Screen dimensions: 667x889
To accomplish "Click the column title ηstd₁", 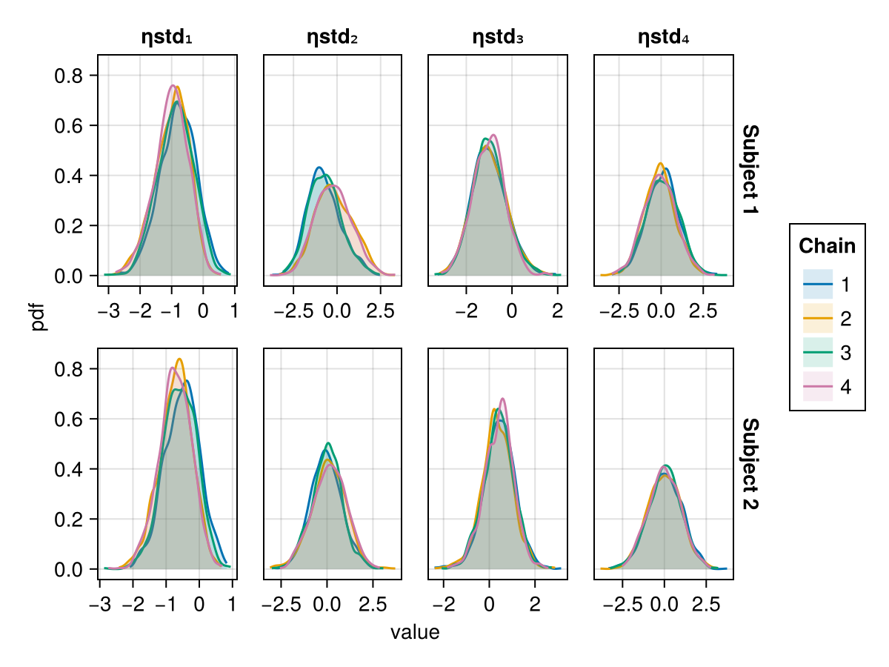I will (x=167, y=37).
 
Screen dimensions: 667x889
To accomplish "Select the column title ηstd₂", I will (x=333, y=37).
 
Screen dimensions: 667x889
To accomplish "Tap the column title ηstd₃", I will (x=498, y=37).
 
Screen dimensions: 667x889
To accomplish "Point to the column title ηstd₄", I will (x=664, y=37).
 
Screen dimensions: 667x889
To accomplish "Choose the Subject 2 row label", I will (x=750, y=464).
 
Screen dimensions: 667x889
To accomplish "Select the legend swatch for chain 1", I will (x=818, y=284).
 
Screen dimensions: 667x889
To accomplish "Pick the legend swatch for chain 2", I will (x=818, y=319).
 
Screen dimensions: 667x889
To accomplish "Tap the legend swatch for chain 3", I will (x=818, y=354).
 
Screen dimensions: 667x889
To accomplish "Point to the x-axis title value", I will (x=415, y=633).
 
